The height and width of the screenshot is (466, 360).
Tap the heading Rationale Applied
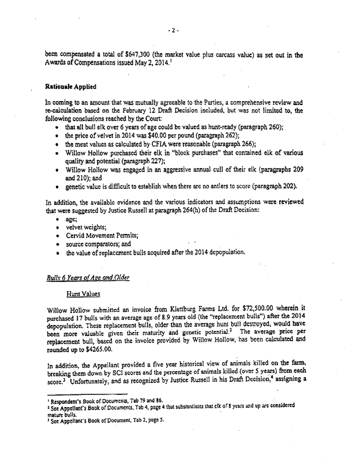pos(70,86)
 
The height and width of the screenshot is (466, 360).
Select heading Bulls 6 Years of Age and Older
pos(87,277)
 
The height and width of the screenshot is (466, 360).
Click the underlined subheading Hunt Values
pos(82,294)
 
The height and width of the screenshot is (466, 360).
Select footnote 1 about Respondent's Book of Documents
pos(106,415)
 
